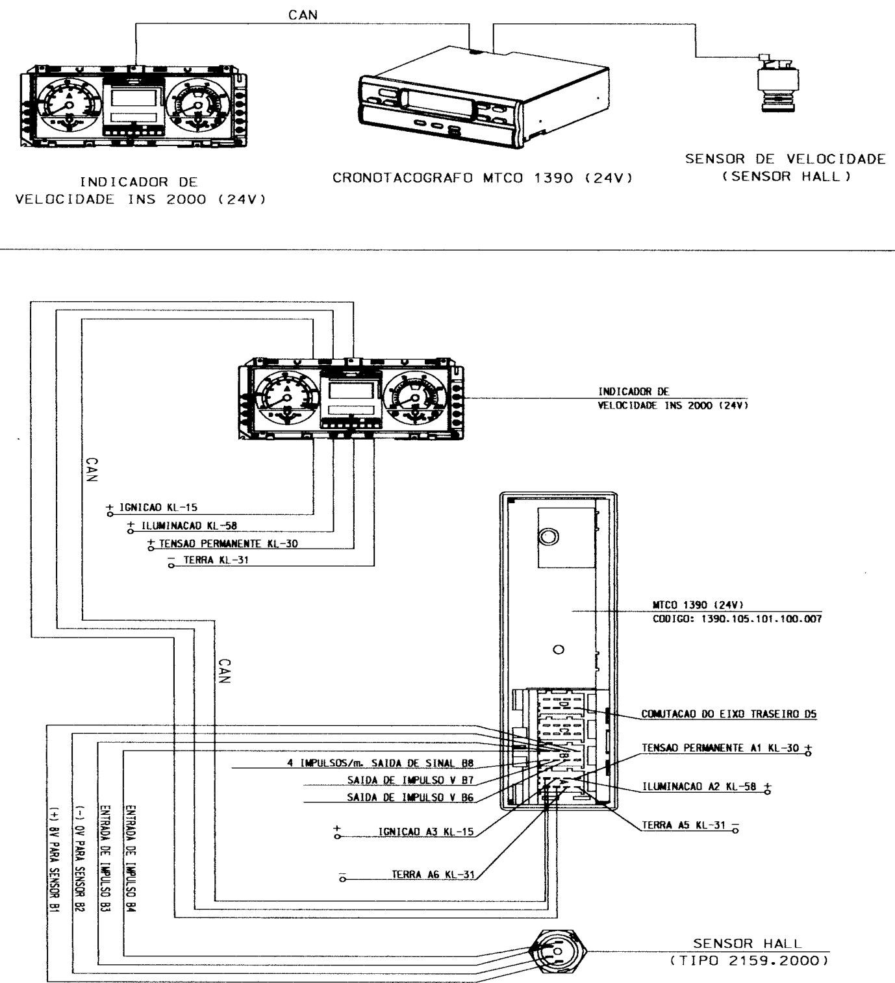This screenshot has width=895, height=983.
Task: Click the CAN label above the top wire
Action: pos(303,15)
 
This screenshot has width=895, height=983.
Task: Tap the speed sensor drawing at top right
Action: pos(778,83)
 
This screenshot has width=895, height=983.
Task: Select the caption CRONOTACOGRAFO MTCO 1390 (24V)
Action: pos(483,178)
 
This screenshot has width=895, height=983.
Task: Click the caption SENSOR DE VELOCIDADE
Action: pos(785,159)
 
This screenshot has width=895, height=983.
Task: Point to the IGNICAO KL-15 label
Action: pos(158,507)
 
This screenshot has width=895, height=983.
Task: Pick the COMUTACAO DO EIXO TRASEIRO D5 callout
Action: pos(729,714)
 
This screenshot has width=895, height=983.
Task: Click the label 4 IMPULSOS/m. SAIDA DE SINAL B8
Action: pos(381,763)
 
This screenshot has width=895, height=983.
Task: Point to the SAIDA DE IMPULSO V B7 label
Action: pos(410,780)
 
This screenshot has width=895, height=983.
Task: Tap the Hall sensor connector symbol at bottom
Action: pos(557,951)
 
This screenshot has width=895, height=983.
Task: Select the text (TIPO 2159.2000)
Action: pos(750,961)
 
